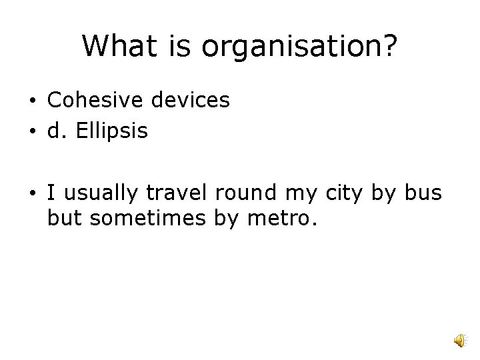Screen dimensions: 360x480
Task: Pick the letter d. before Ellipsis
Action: (x=57, y=131)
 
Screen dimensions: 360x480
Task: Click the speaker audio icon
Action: (x=460, y=341)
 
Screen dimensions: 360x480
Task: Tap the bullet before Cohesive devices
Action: (x=31, y=101)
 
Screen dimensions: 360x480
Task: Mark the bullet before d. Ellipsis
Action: (x=31, y=132)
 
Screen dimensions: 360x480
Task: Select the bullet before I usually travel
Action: (x=31, y=195)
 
